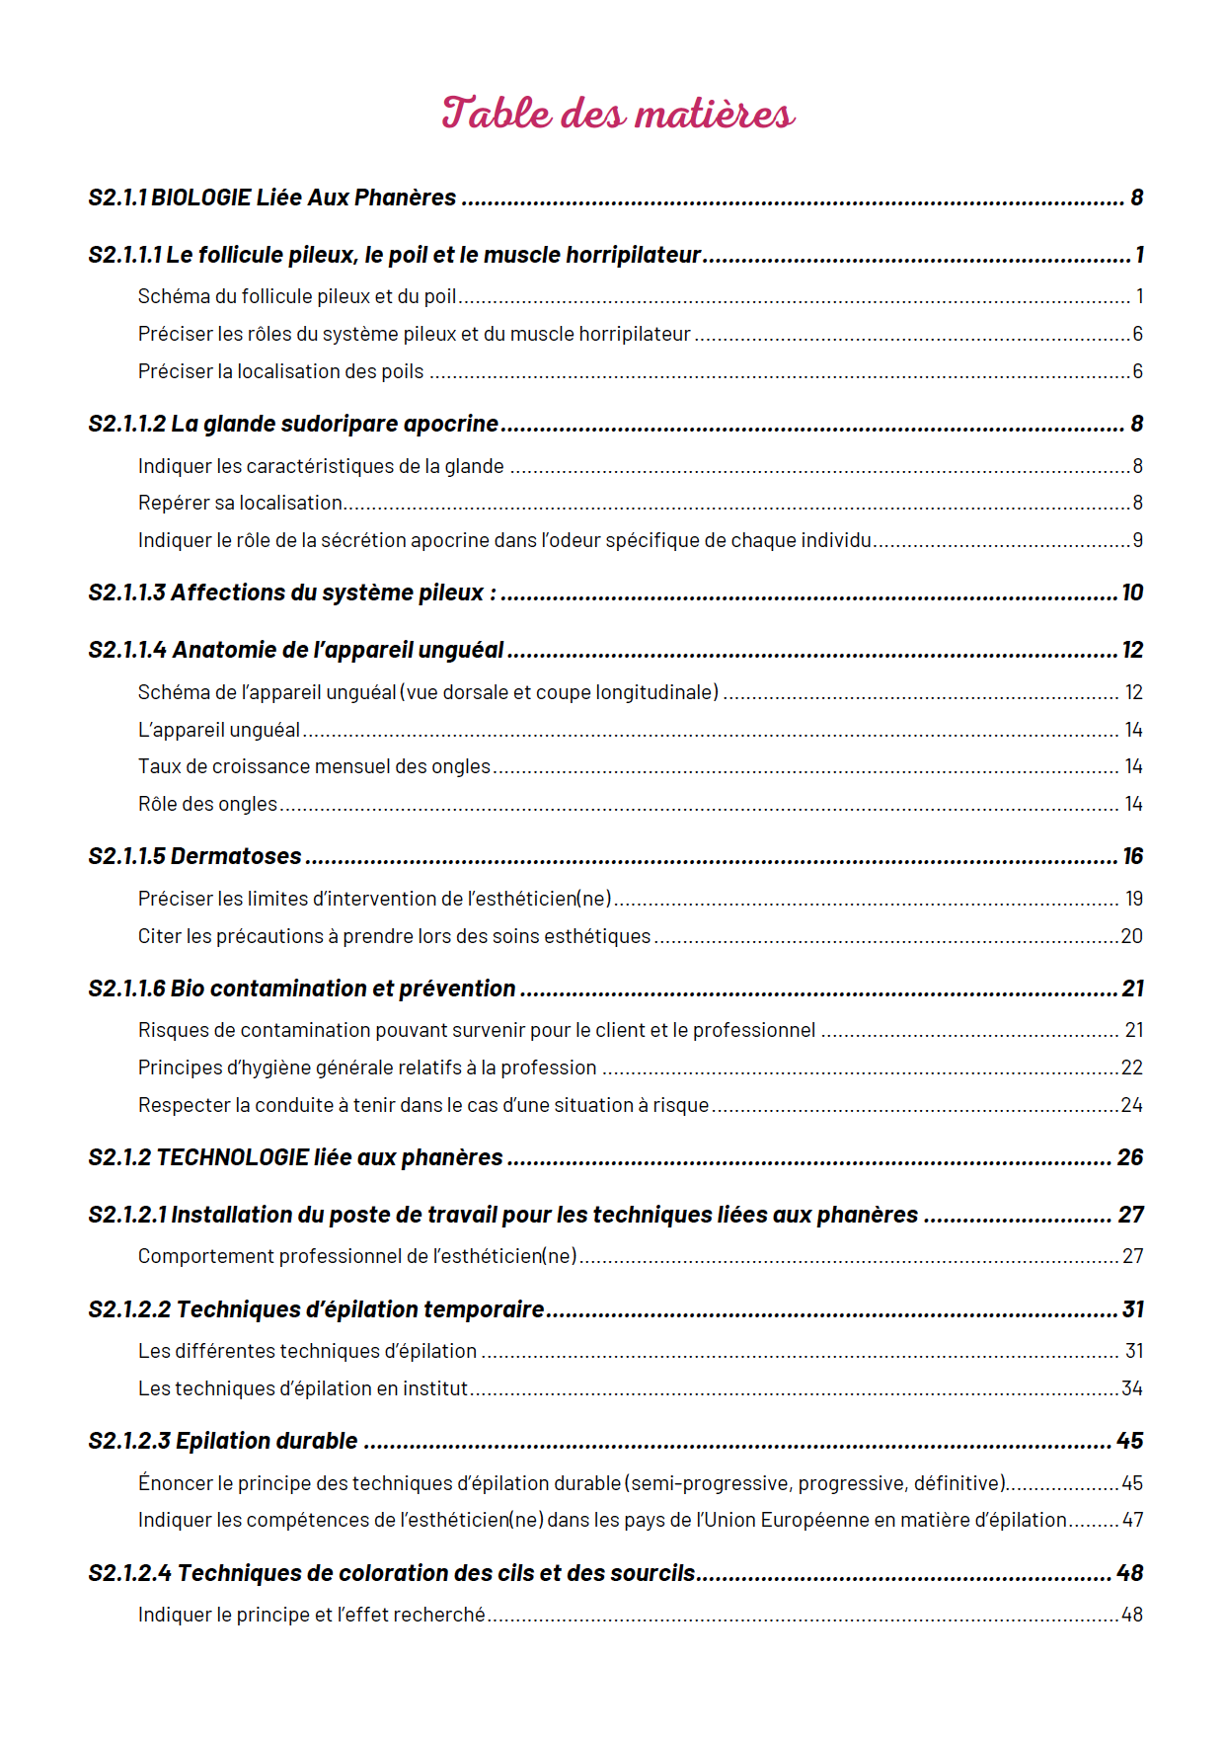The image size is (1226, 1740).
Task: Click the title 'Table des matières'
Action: coord(618,114)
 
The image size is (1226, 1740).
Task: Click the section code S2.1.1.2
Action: coord(127,425)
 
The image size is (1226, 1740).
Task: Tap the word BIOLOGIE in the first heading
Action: coord(200,198)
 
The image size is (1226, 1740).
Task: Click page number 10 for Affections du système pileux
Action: coord(1132,593)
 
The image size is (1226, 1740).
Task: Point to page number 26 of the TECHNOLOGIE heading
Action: coord(1130,1158)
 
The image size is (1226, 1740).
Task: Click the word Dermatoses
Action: coord(236,857)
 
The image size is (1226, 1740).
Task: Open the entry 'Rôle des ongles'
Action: coord(207,805)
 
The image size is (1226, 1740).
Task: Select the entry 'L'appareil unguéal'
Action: coord(219,731)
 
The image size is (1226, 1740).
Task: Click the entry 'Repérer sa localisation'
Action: coord(240,504)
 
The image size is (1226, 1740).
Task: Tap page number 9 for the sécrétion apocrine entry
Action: coord(1137,541)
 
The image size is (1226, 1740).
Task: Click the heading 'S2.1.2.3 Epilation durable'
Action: coord(223,1442)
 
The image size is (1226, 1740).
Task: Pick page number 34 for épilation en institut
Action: coord(1132,1389)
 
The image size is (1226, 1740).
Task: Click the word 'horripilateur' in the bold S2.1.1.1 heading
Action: coord(641,256)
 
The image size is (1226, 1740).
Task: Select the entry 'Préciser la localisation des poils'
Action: coord(280,372)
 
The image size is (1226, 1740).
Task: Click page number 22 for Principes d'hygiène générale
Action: coord(1132,1068)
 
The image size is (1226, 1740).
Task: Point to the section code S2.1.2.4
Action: coord(129,1574)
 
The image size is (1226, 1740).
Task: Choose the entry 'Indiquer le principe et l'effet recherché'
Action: coord(311,1616)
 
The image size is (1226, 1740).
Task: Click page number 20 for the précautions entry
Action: coord(1132,937)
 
